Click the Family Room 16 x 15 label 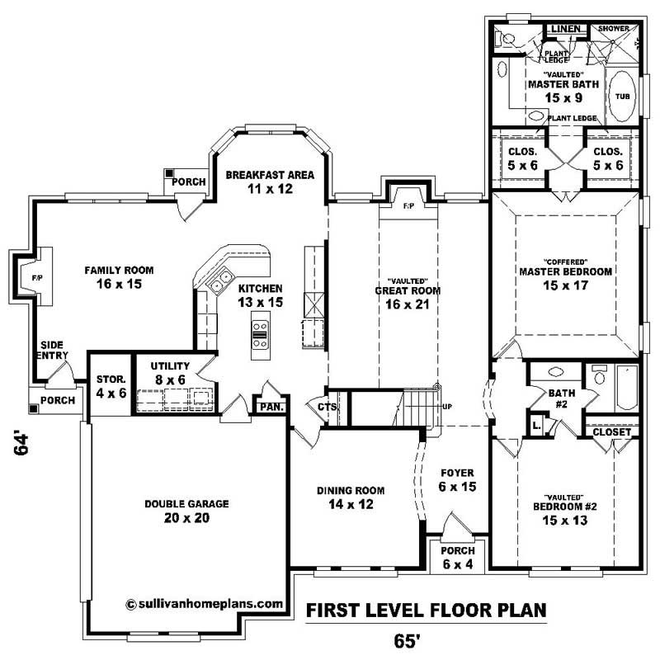tap(119, 276)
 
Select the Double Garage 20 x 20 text tap(186, 511)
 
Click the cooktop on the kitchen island tap(259, 333)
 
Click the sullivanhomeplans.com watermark tap(205, 603)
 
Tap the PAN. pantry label tap(271, 407)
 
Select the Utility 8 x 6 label tap(170, 372)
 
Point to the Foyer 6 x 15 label tap(456, 480)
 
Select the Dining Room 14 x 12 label tap(351, 497)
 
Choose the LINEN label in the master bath tap(565, 30)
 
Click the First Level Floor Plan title tap(426, 611)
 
